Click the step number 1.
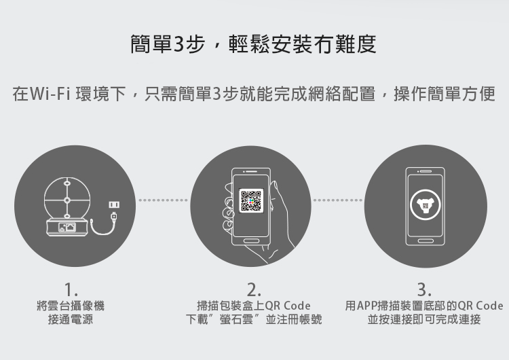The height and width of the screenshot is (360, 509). pos(71,289)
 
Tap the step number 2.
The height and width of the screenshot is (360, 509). pos(254,289)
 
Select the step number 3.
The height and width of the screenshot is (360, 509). pos(424,289)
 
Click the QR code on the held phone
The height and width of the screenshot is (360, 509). pos(250,200)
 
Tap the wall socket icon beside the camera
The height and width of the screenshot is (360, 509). pos(114,204)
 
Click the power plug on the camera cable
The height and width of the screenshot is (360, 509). pos(114,217)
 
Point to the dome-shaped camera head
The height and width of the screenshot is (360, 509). pos(67,198)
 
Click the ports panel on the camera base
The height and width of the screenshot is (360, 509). pos(67,227)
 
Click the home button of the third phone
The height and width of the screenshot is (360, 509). pos(426,240)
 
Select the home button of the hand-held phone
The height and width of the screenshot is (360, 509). pos(251,240)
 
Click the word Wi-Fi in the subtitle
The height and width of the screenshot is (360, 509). pos(50,94)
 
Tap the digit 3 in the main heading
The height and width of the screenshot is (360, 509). pos(179,44)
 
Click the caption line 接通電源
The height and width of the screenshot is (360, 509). pos(71,319)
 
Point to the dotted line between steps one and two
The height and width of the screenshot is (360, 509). pos(163,200)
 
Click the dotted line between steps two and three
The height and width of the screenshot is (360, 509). pos(337,200)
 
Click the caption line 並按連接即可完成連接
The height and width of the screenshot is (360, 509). pos(424,319)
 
